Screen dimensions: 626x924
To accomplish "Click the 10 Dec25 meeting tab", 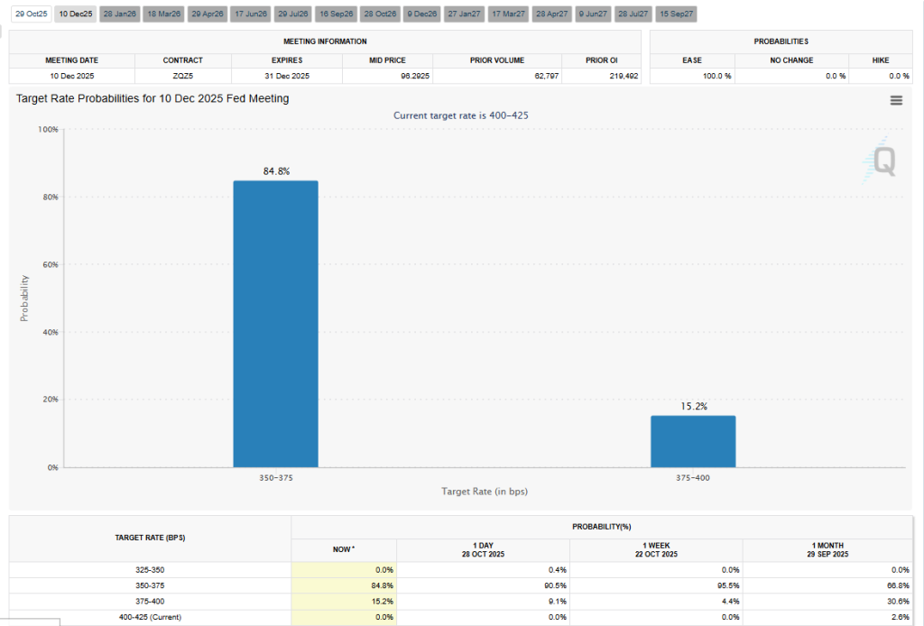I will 76,14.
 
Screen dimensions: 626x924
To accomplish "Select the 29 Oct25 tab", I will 31,14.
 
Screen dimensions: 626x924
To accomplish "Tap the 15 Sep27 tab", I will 675,14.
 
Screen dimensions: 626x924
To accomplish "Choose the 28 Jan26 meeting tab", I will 119,14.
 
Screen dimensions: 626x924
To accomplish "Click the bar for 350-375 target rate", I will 275,324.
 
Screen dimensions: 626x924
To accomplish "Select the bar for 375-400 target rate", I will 693,441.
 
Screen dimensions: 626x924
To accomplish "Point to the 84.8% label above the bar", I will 276,171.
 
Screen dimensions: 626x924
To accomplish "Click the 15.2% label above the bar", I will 693,407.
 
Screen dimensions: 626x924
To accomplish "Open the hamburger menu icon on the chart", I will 896,101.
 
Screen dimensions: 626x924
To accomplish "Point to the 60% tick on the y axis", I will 49,264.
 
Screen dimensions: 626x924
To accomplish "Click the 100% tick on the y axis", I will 47,130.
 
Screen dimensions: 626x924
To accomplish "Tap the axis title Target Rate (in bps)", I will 484,492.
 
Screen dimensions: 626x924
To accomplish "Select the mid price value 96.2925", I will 412,77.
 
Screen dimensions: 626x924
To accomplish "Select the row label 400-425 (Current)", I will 150,617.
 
